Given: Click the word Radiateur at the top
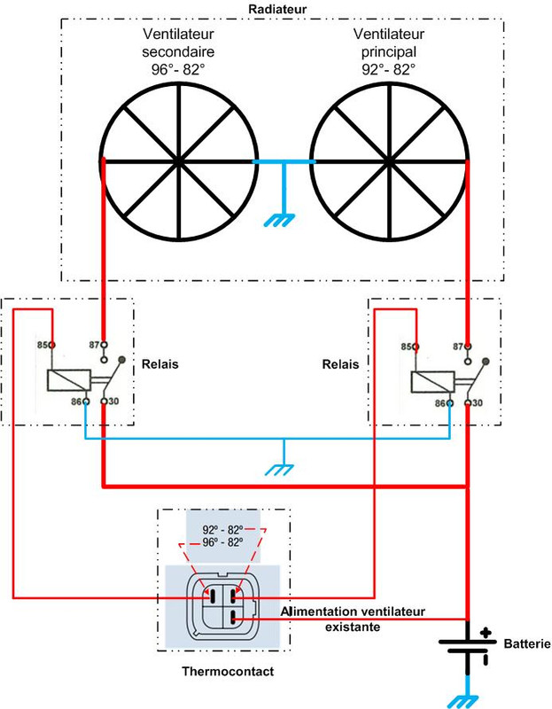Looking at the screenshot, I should tap(276, 8).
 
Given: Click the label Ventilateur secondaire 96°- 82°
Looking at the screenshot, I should tap(178, 51).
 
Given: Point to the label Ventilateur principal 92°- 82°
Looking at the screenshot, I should tap(388, 51).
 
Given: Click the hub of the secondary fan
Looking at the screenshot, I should tap(180, 161).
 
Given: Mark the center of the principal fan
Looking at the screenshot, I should tap(390, 161).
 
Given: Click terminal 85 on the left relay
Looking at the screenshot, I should tap(54, 345).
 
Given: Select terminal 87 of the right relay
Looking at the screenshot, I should tap(467, 345).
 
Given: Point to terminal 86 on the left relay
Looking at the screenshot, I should tap(86, 402).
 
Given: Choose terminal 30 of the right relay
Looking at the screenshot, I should tap(467, 402).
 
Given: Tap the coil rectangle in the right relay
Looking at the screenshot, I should tap(431, 381).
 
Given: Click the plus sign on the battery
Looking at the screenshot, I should tap(486, 632).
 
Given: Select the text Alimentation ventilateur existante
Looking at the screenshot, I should tap(353, 619).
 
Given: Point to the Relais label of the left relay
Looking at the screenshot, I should tap(160, 364).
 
